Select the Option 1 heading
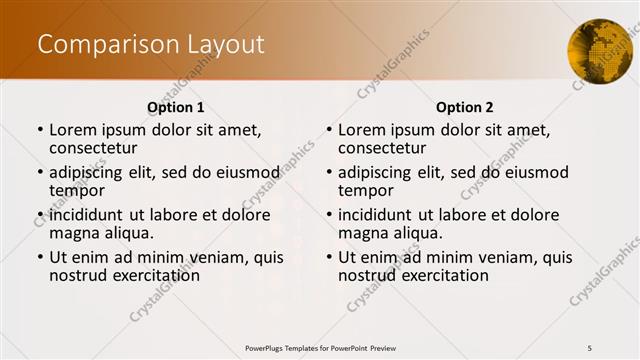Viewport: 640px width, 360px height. pyautogui.click(x=176, y=107)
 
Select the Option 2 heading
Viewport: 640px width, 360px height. pyautogui.click(x=464, y=107)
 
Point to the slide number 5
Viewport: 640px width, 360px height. pyautogui.click(x=590, y=347)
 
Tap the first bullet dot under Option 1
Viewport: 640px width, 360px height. pyautogui.click(x=39, y=131)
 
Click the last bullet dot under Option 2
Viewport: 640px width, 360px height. pyautogui.click(x=328, y=258)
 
